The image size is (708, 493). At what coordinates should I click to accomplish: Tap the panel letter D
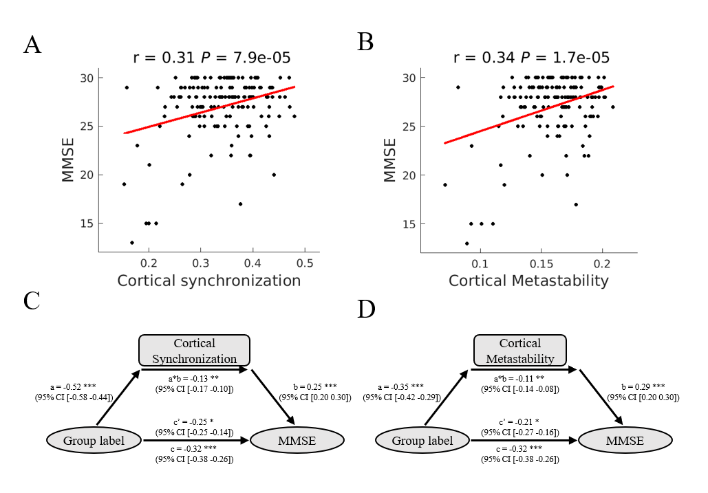click(366, 309)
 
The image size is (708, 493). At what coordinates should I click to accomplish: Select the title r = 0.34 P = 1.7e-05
click(531, 58)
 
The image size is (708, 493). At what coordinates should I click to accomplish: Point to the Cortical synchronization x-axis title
click(209, 281)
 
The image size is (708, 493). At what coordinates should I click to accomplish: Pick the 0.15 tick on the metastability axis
click(541, 263)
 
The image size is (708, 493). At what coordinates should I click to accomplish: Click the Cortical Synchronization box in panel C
click(194, 351)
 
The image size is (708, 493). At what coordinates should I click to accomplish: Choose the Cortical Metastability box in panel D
click(519, 351)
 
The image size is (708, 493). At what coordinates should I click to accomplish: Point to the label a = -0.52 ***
click(67, 387)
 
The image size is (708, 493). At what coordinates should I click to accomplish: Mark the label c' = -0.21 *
click(519, 421)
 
